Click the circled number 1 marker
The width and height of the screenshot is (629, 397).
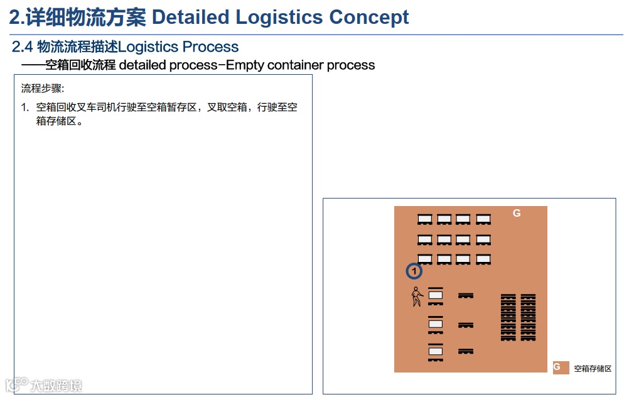point(414,271)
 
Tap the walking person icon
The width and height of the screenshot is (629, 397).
point(416,296)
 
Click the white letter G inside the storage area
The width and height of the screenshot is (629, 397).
point(517,214)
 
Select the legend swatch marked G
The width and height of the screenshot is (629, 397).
point(561,367)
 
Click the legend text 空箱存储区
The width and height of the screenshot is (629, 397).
point(593,369)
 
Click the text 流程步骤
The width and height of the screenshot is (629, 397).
point(43,88)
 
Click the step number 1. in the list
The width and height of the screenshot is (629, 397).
point(25,107)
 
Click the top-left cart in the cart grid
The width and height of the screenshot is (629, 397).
point(425,220)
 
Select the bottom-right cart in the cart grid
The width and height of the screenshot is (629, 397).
point(483,259)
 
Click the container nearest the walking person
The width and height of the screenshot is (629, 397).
point(436,295)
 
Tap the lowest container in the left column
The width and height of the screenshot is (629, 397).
point(436,352)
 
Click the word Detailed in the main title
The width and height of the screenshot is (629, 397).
point(191,17)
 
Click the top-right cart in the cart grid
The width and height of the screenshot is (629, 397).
point(483,220)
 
